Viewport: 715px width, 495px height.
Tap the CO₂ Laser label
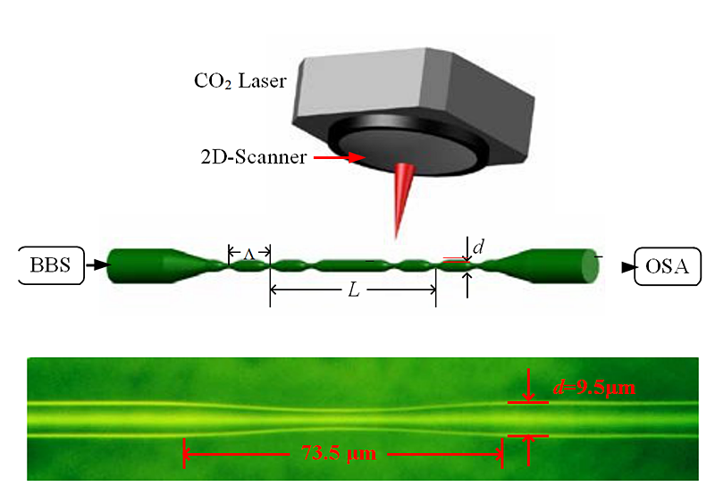(x=240, y=81)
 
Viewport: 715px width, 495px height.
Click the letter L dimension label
(x=352, y=291)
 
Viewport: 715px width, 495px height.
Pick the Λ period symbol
(x=249, y=255)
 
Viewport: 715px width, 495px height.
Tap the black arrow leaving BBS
(x=97, y=264)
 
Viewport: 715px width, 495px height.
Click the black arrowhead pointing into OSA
(x=627, y=267)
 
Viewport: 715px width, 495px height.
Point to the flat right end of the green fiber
(x=590, y=265)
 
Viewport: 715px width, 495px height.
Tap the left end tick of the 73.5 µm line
(x=184, y=453)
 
